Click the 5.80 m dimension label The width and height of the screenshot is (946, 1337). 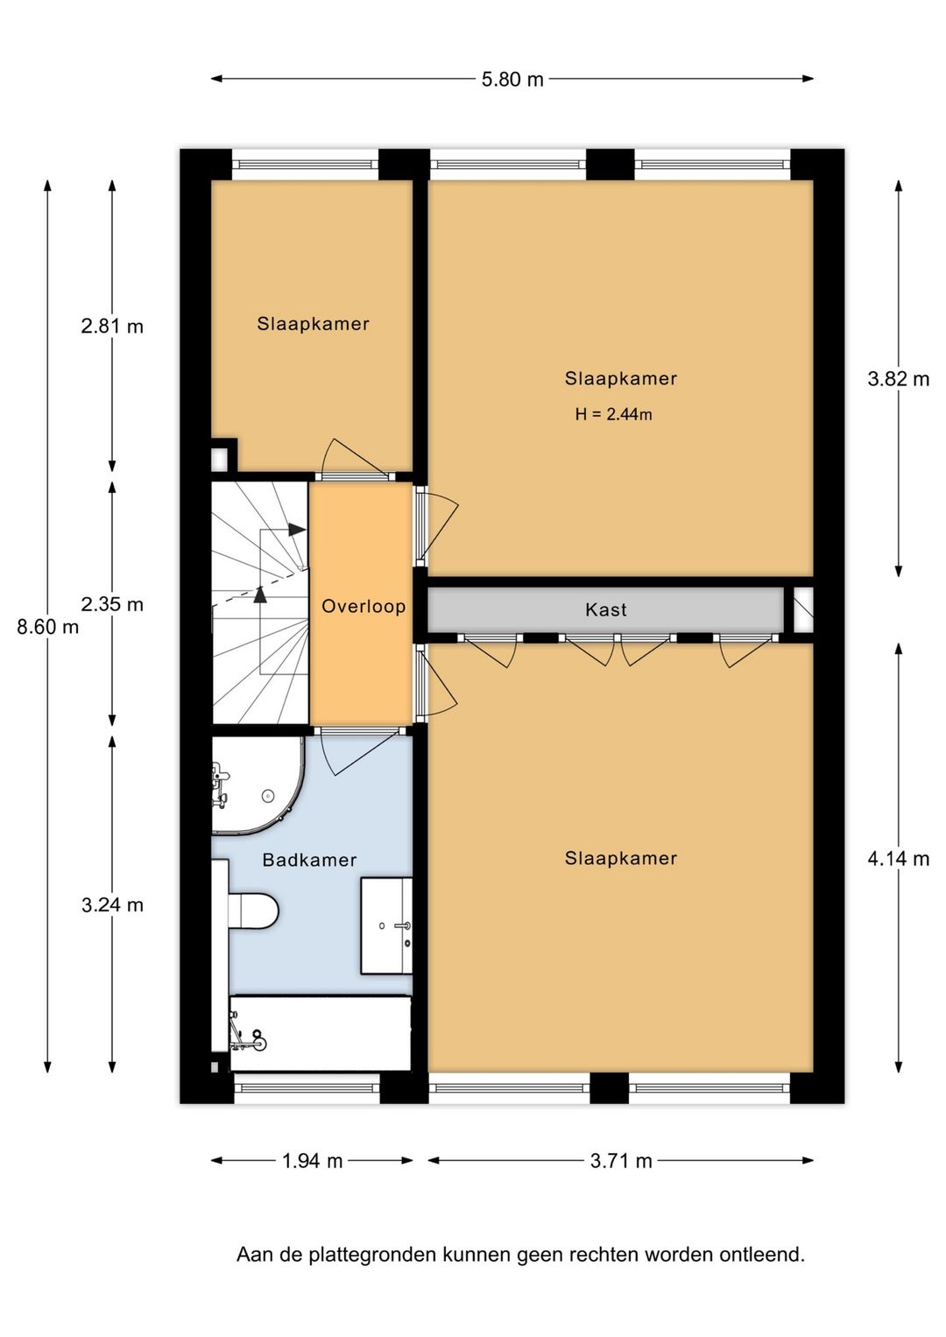pos(512,80)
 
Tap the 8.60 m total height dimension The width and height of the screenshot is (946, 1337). pos(48,627)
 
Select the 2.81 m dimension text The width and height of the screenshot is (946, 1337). pos(112,327)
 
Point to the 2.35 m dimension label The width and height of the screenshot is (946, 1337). pos(112,605)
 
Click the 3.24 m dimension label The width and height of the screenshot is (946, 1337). pos(112,905)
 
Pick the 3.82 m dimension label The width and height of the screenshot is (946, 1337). pos(898,379)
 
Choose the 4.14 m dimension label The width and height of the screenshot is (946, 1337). pos(898,859)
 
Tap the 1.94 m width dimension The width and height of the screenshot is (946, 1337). pos(312,1161)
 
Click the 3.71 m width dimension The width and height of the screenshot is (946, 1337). pos(621,1161)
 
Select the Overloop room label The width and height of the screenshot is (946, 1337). pos(364,607)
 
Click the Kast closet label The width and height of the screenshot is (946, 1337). pos(605,610)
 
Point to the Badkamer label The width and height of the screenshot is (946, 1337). pos(309,860)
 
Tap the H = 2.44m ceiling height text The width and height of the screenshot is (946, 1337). pos(613,414)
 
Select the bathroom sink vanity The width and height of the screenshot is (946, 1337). pos(386,925)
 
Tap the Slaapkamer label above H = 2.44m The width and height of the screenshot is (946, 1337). pos(620,379)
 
